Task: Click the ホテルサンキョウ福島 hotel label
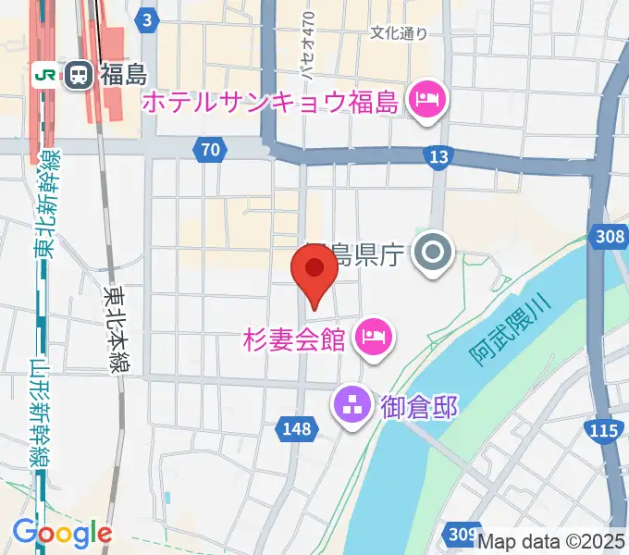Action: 270,102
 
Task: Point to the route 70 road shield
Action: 210,150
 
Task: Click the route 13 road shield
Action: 438,155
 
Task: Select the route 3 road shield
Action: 148,18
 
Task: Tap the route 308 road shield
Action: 610,238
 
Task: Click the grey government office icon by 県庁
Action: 432,252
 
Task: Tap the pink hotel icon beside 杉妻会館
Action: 374,333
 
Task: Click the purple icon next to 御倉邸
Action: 351,403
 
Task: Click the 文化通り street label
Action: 399,33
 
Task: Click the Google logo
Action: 62,533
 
